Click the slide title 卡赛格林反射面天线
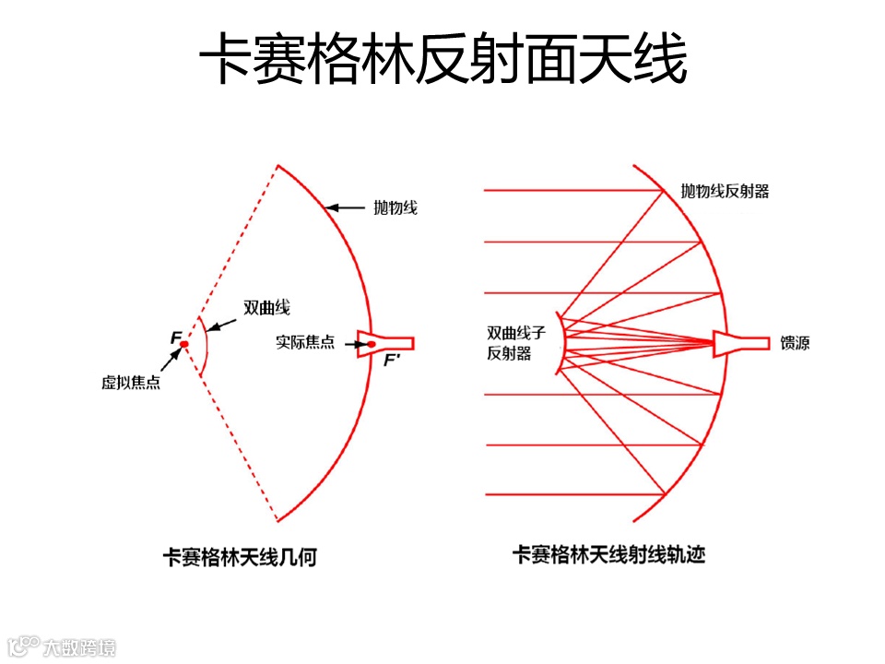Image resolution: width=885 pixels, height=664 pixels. pos(442,61)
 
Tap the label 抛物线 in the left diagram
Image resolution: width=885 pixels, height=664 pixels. pos(395,207)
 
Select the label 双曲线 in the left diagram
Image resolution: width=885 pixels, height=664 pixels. pos(266,306)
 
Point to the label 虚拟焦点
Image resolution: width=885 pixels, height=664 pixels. pos(131,382)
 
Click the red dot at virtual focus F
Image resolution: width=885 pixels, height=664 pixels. pos(184,344)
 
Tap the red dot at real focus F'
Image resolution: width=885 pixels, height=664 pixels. pos(372,345)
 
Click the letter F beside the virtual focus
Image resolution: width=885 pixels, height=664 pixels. pos(174,338)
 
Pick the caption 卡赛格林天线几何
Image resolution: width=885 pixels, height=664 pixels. pos(240,557)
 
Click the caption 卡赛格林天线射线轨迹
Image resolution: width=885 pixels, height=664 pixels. pos(608,555)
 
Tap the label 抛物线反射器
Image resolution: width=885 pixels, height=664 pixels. pos(725,191)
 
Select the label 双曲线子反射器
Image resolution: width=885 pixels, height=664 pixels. pos(510,342)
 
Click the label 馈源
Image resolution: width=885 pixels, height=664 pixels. pos(795,342)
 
